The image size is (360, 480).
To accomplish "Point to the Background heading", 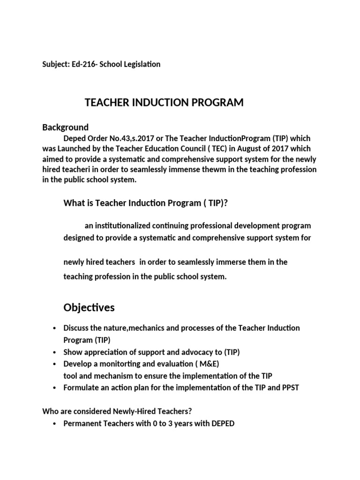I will [x=65, y=127].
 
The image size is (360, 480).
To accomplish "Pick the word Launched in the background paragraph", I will [x=75, y=149].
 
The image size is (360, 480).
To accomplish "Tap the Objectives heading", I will [x=89, y=307].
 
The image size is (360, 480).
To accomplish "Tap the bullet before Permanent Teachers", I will [x=55, y=424].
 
